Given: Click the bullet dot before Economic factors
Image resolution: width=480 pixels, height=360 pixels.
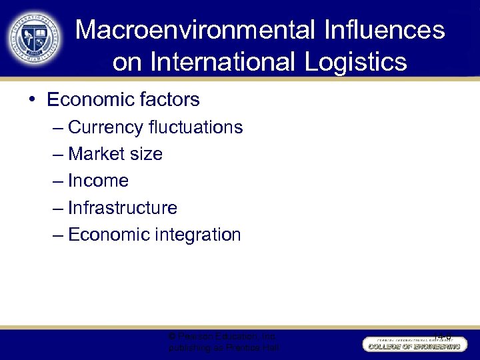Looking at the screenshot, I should point(32,100).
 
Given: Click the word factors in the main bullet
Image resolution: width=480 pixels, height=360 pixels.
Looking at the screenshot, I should point(167,100).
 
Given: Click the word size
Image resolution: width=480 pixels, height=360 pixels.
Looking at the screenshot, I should point(147,154).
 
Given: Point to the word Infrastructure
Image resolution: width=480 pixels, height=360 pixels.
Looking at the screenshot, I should point(123,208).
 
